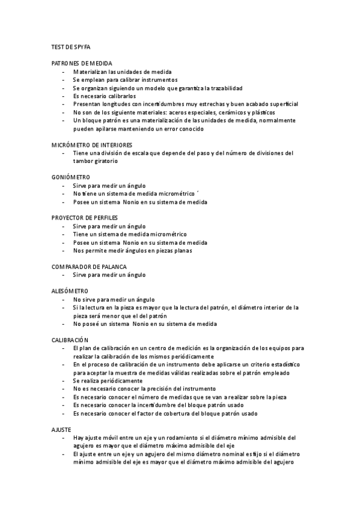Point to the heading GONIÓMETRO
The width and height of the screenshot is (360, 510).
[71, 177]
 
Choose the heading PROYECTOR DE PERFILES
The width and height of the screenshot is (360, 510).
[85, 218]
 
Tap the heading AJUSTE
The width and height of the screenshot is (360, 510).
[62, 429]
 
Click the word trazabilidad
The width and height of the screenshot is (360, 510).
[223, 88]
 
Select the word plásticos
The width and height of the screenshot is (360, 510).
[262, 112]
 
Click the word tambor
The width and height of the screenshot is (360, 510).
[83, 161]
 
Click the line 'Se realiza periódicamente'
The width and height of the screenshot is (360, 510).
[108, 381]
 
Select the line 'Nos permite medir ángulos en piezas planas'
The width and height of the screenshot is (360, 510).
[132, 251]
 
